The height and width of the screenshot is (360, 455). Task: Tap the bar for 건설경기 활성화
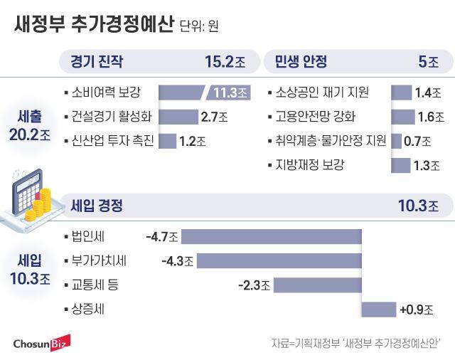[x=177, y=117]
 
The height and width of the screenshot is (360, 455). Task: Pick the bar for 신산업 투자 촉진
[x=166, y=141]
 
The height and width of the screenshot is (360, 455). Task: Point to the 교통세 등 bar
[x=317, y=285]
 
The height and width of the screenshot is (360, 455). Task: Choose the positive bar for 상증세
[x=379, y=309]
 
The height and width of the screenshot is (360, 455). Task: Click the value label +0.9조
[x=416, y=309]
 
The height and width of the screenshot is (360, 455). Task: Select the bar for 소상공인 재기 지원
[x=401, y=92]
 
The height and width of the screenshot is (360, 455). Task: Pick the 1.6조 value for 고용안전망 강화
[x=429, y=117]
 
